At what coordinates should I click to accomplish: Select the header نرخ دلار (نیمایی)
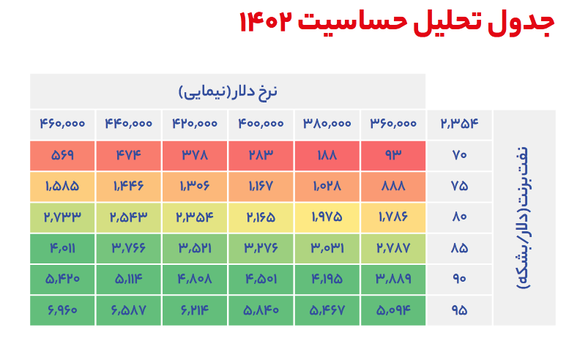(228, 92)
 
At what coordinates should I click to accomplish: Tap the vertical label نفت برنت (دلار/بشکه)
(524, 218)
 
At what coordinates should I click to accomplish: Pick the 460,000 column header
(62, 124)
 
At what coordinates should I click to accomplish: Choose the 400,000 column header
(261, 124)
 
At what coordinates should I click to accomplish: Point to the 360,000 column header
(393, 124)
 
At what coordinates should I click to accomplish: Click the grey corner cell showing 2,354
(459, 124)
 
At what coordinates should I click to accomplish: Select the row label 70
(459, 155)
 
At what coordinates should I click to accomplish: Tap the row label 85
(459, 248)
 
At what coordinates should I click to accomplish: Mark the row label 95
(459, 310)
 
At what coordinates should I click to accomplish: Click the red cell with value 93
(393, 155)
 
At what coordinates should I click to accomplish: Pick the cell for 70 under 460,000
(62, 155)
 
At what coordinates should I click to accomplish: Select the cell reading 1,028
(327, 186)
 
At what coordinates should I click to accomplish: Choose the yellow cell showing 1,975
(327, 217)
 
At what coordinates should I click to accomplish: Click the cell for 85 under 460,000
(62, 248)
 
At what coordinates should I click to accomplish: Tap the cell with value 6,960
(62, 310)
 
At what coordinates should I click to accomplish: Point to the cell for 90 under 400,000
(261, 279)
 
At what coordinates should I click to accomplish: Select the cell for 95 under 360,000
(393, 310)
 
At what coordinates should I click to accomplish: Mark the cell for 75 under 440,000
(128, 186)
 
